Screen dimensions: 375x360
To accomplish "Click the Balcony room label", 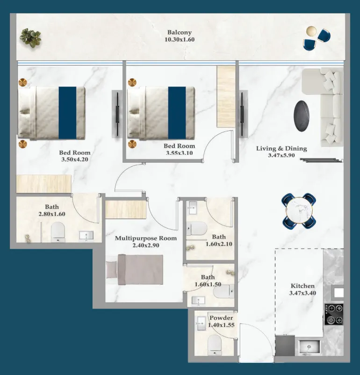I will (180, 32).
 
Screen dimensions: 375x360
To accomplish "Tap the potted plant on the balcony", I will (31, 38).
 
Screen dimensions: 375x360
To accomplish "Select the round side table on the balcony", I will (311, 31).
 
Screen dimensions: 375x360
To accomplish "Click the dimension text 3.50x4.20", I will (74, 159).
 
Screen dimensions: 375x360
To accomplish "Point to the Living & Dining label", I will (281, 149).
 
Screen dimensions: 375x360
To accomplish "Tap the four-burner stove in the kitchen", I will (334, 314).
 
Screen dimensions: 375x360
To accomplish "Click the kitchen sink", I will (309, 346).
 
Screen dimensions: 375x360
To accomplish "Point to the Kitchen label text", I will (302, 286).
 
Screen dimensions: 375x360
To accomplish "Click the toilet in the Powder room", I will (214, 344).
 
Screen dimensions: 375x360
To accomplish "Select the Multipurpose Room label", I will (146, 238).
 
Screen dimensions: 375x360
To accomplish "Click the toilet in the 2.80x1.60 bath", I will (58, 232).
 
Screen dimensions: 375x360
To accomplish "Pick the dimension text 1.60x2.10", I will (219, 244).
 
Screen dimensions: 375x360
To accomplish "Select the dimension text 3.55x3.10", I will (179, 153).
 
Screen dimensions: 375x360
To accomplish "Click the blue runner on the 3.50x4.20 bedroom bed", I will (67, 112).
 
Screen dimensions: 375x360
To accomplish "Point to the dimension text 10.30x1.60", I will (180, 40).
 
